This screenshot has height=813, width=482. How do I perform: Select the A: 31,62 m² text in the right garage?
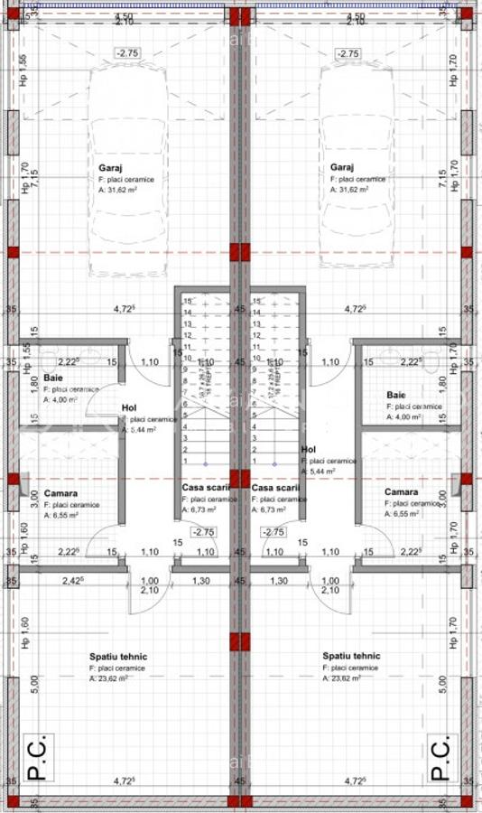click(x=349, y=191)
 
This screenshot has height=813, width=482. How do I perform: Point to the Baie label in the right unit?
click(x=396, y=395)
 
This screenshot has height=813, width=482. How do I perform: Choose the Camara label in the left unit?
click(x=59, y=492)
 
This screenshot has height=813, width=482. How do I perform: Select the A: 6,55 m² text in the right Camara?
click(x=403, y=513)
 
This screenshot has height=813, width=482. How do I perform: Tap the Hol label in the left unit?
click(x=129, y=407)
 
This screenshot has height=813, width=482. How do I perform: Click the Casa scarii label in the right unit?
click(x=275, y=488)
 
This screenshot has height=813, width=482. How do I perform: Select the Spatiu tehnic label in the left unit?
click(x=117, y=657)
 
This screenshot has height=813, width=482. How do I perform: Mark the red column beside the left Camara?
click(x=14, y=481)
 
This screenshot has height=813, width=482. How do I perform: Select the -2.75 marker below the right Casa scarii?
click(x=273, y=533)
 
